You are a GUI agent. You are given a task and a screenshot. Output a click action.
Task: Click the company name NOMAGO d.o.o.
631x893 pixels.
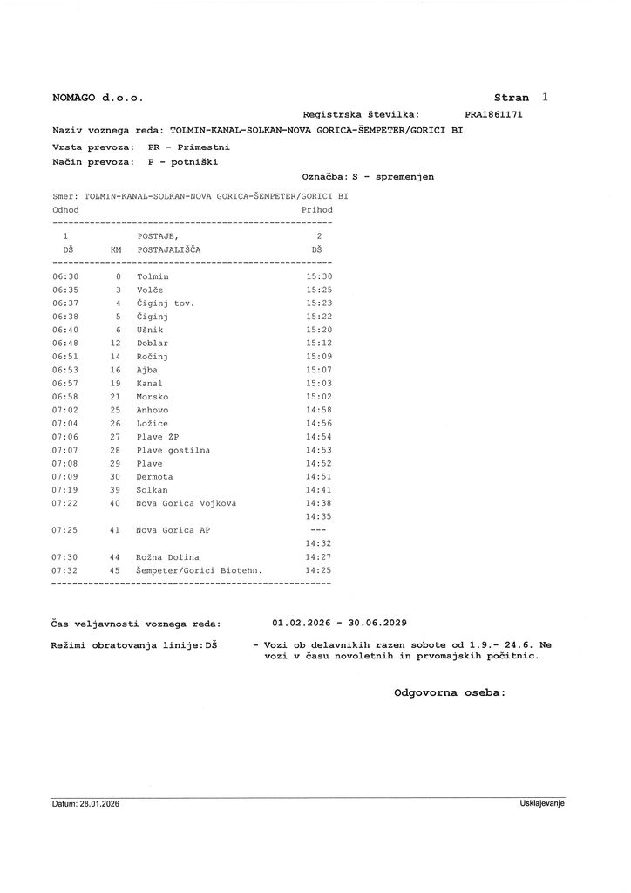click(98, 99)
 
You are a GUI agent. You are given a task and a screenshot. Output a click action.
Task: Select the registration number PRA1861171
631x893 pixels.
click(494, 114)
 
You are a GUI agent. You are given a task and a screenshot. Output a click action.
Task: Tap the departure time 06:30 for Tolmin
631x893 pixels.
click(65, 276)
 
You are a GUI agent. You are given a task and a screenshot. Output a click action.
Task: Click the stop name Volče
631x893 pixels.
click(150, 290)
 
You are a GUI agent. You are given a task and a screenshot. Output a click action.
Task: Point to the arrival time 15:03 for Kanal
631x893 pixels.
click(319, 384)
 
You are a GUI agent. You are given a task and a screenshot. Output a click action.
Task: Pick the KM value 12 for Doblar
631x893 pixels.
click(115, 344)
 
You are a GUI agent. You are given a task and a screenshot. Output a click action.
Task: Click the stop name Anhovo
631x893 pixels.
click(153, 410)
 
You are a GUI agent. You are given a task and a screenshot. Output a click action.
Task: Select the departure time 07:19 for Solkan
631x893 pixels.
click(65, 490)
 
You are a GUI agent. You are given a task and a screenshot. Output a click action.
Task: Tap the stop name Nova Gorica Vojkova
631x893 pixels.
click(187, 504)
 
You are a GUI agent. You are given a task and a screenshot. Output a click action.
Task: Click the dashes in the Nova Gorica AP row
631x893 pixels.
click(318, 530)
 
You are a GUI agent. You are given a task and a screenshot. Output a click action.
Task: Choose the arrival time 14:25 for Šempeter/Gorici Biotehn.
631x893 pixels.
click(319, 570)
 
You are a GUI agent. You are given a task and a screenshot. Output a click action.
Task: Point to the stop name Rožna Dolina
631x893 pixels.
click(168, 557)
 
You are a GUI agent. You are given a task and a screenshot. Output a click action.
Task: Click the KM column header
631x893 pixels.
click(116, 249)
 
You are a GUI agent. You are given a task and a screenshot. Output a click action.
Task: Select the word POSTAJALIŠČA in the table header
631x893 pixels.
click(169, 249)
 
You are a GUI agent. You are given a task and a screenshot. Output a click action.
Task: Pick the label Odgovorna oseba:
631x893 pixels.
click(450, 692)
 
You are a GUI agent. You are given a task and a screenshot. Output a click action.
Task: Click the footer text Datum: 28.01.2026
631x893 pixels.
click(85, 803)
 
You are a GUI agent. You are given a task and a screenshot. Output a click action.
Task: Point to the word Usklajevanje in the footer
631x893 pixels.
click(542, 803)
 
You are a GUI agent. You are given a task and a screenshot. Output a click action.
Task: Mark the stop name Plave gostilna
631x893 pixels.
click(173, 450)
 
